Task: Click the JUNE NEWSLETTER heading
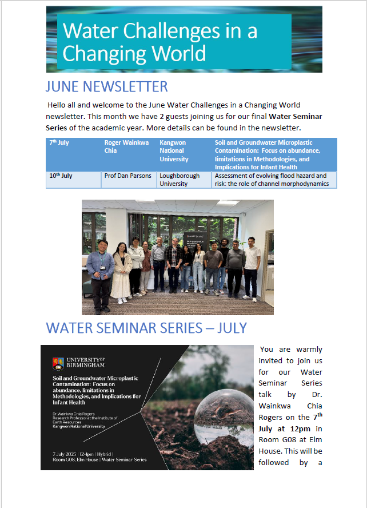[x=106, y=86]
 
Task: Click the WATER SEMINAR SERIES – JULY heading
[x=146, y=328]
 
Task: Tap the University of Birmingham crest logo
[x=57, y=363]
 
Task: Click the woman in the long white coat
[x=122, y=269]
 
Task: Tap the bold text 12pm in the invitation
[x=307, y=428]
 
